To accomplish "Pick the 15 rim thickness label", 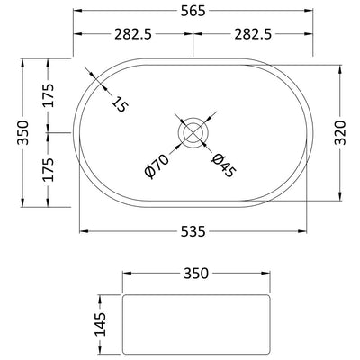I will point(118,102).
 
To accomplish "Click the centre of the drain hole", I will point(193,132).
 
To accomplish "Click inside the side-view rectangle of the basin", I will point(195,319).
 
